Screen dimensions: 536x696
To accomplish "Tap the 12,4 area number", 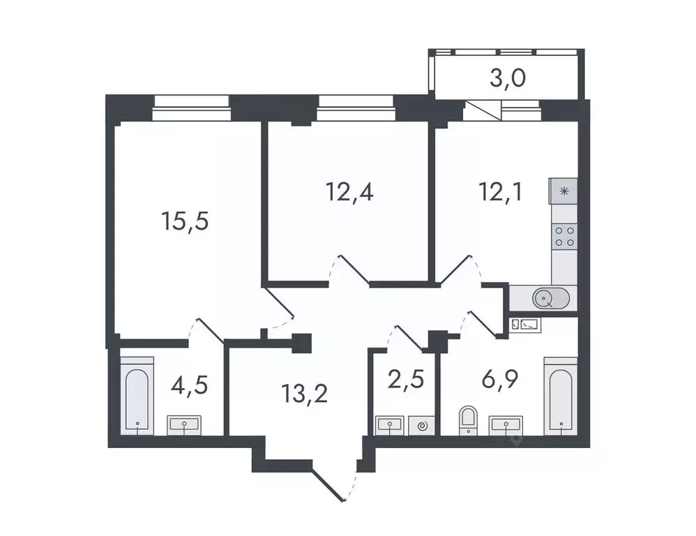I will (x=349, y=191).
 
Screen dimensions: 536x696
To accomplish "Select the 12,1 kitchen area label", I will (x=500, y=191).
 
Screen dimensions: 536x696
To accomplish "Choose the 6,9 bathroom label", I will (x=501, y=382).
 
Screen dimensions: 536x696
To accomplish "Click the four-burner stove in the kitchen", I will (x=563, y=236).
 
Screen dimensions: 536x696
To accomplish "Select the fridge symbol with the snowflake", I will (x=563, y=189).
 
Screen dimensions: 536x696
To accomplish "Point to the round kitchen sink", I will (x=545, y=299).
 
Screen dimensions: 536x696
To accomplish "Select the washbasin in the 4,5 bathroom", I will (x=185, y=424).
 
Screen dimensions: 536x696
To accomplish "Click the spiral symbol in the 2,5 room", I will (x=421, y=424).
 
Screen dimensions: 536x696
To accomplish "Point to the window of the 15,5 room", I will (x=191, y=102).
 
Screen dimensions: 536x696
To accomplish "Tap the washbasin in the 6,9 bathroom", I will (x=507, y=424).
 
